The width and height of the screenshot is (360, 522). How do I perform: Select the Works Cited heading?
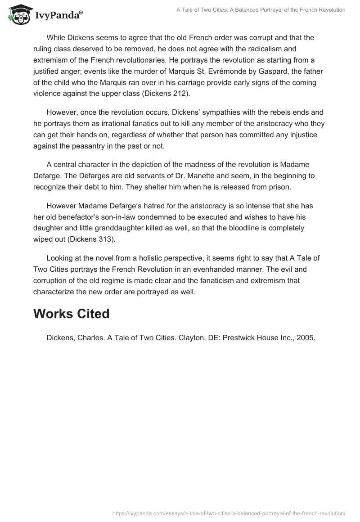point(71,314)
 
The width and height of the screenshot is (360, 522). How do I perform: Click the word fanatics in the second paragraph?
point(136,123)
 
